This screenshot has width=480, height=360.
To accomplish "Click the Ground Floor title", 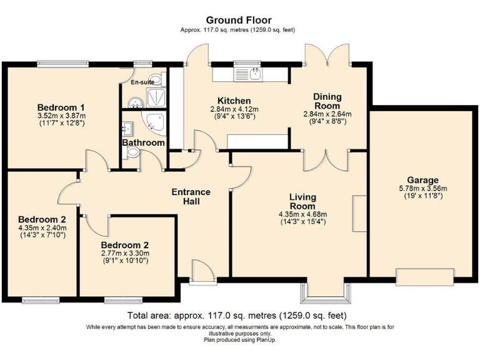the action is point(239,20).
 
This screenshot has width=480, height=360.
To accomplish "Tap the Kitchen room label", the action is point(234,101).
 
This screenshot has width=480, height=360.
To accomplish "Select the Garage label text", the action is point(422,180).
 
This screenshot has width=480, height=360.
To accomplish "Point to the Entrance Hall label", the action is point(191,196).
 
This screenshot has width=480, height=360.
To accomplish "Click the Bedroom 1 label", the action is point(61,107).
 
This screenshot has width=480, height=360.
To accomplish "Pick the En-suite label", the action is point(142,82).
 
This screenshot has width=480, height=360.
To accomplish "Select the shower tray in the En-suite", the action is point(156,97).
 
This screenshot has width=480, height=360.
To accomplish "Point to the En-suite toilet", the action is point(158,79).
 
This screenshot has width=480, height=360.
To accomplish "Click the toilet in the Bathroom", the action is point(131,152).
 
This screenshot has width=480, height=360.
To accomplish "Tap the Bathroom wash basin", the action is point(127,129).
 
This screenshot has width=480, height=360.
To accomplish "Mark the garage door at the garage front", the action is point(424,277).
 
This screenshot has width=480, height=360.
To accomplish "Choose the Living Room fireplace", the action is point(359,213).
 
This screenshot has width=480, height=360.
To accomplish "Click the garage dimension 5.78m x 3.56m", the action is point(422,189).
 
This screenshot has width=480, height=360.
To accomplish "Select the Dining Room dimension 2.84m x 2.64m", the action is point(327,114).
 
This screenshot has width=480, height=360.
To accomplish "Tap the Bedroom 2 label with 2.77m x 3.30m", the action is point(125,245).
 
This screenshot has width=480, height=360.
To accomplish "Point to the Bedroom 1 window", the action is point(63,64).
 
